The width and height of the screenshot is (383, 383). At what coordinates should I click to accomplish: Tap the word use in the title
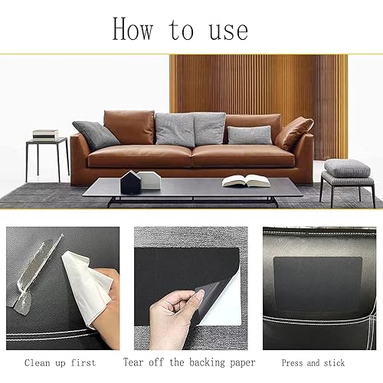[228, 31]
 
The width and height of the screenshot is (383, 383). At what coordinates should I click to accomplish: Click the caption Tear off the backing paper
[189, 362]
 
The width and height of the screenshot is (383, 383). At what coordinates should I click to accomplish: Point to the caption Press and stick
[314, 362]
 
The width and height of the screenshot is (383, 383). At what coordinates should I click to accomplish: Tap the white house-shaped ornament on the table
[149, 179]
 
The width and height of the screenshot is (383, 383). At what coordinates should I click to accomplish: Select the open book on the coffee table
[246, 181]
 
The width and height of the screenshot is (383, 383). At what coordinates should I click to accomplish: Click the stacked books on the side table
[45, 134]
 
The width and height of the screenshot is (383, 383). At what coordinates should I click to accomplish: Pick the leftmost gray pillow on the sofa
[96, 135]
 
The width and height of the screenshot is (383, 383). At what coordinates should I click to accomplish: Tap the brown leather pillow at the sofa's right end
[295, 133]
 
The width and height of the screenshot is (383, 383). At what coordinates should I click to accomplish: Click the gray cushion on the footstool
[347, 168]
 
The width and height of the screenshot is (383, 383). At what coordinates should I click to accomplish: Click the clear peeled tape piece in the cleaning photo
[34, 272]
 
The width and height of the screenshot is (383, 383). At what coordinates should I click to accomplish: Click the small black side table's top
[47, 141]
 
